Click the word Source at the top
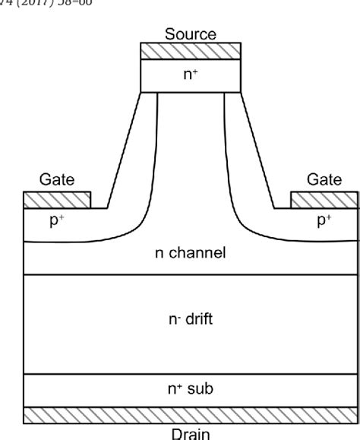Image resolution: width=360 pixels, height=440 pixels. pos(191,34)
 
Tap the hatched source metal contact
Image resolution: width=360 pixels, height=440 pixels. pos(191,50)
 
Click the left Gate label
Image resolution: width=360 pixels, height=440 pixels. pos(57,180)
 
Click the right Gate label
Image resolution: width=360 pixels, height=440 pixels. pos(324,180)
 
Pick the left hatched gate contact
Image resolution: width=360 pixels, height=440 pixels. pos(58,199)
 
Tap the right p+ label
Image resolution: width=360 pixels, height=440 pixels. pos(324,222)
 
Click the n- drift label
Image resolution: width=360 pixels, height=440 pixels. pos(191,319)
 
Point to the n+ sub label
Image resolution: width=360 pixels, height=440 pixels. pos(191,389)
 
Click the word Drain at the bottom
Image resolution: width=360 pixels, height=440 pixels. pos(191,433)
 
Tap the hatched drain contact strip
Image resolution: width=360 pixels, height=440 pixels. pos(191,415)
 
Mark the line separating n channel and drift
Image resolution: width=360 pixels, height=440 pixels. pos(191,274)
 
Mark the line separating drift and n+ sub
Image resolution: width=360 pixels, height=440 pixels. pos(191,374)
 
